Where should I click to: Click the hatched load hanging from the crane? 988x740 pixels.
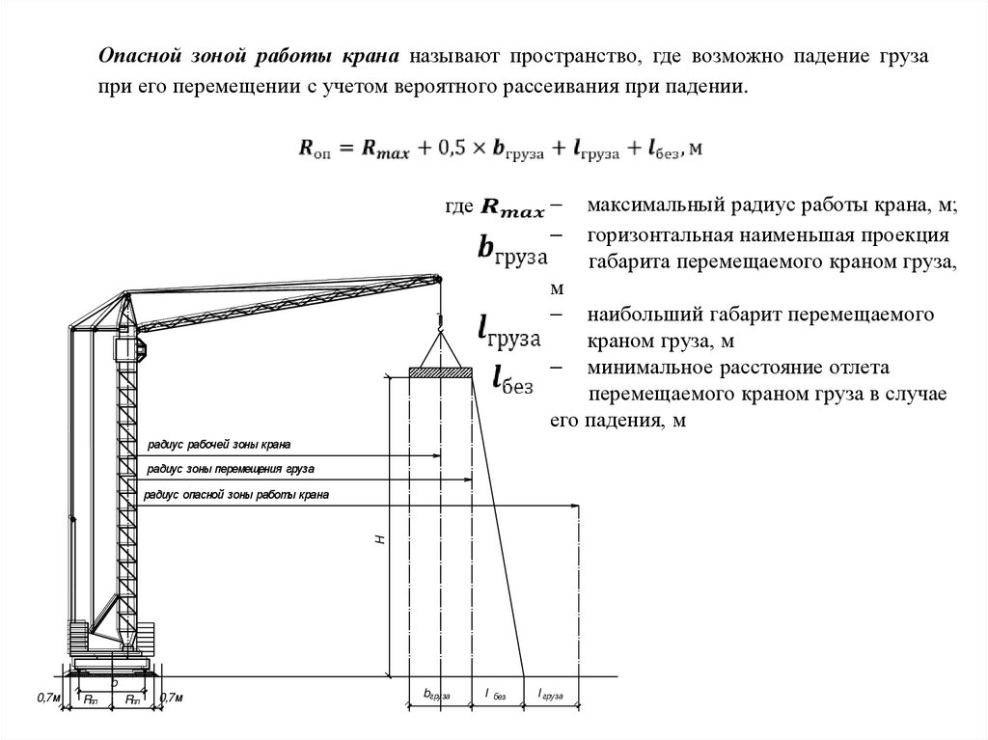(x=440, y=371)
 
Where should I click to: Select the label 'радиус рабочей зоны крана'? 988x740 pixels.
(x=219, y=445)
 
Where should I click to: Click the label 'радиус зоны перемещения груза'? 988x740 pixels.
(x=231, y=469)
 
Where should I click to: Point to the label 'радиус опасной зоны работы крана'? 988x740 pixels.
(x=237, y=494)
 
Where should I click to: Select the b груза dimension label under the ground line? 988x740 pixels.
(x=437, y=694)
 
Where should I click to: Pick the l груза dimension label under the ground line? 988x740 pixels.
(x=551, y=694)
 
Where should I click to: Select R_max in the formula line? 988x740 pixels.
(x=382, y=150)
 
